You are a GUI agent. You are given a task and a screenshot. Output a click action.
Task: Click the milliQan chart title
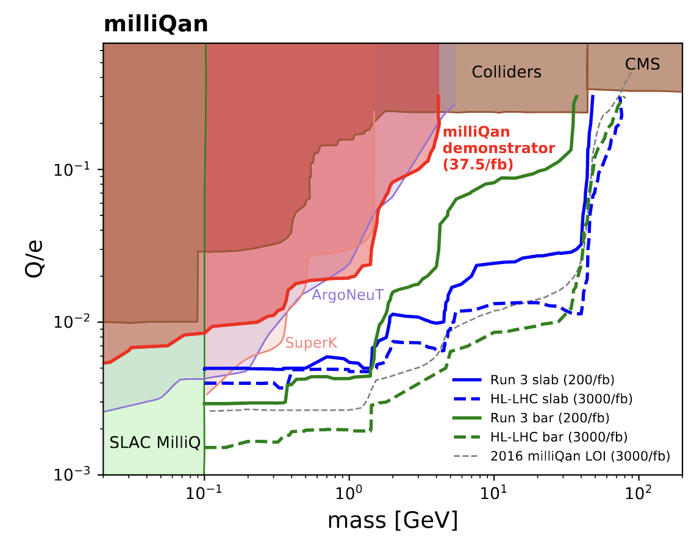pos(156,24)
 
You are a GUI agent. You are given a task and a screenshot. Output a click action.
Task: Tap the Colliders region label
pos(506,72)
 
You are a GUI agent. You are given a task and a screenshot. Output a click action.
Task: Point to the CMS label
pos(642,64)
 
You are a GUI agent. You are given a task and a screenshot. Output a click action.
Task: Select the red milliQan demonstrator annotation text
pos(498,148)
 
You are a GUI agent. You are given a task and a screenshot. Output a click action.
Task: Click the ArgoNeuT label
pos(347,295)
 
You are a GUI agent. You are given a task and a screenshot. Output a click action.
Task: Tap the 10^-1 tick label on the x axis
pos(204,492)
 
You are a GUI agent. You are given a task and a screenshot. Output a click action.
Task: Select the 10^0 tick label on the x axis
pos(349,492)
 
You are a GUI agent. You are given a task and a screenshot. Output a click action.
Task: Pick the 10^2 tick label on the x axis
pos(638,492)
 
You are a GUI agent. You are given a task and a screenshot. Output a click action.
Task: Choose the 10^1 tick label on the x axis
pos(493,492)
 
